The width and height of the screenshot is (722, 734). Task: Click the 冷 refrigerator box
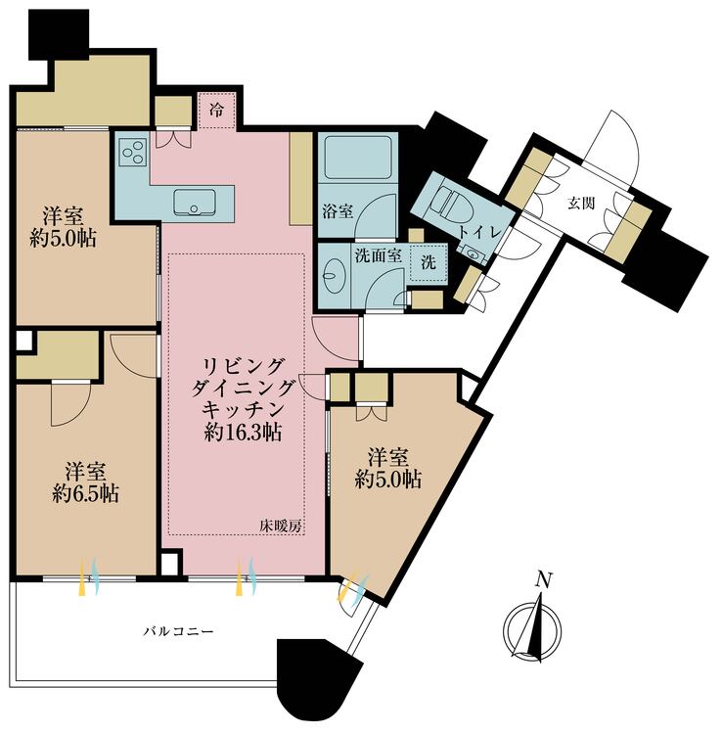tap(217, 110)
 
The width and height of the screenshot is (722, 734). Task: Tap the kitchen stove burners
tap(132, 152)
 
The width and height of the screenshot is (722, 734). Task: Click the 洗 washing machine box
tap(428, 262)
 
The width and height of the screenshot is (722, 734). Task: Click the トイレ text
tap(483, 231)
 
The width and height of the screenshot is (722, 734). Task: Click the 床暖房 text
tap(281, 526)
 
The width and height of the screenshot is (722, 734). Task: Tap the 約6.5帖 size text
tap(86, 493)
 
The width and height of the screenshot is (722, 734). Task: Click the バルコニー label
tap(174, 631)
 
